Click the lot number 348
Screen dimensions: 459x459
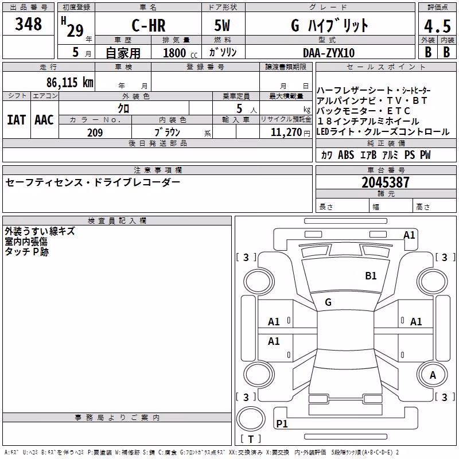pyautogui.click(x=28, y=24)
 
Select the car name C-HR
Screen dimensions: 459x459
pyautogui.click(x=149, y=25)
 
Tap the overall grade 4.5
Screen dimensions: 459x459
pyautogui.click(x=437, y=26)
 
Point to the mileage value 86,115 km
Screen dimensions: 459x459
pyautogui.click(x=70, y=82)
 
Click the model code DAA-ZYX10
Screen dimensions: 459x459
pyautogui.click(x=329, y=53)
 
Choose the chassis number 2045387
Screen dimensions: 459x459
pyautogui.click(x=386, y=182)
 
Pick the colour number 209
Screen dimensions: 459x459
pyautogui.click(x=95, y=133)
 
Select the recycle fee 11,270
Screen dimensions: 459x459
pyautogui.click(x=286, y=133)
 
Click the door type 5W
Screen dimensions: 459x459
pyautogui.click(x=222, y=25)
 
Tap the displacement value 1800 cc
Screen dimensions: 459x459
pyautogui.click(x=180, y=53)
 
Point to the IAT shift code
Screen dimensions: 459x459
pyautogui.click(x=16, y=120)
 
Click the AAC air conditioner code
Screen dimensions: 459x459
pyautogui.click(x=44, y=120)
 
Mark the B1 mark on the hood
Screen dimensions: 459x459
pyautogui.click(x=371, y=276)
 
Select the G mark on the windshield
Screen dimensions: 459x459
pyautogui.click(x=328, y=302)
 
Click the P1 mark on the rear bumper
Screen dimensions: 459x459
pyautogui.click(x=282, y=423)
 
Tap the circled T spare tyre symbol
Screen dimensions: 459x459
pyautogui.click(x=251, y=419)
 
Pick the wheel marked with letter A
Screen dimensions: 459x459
pyautogui.click(x=433, y=375)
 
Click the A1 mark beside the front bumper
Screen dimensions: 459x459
pyautogui.click(x=409, y=235)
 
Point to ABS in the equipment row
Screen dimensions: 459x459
pyautogui.click(x=346, y=155)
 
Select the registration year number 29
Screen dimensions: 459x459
pyautogui.click(x=75, y=30)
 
